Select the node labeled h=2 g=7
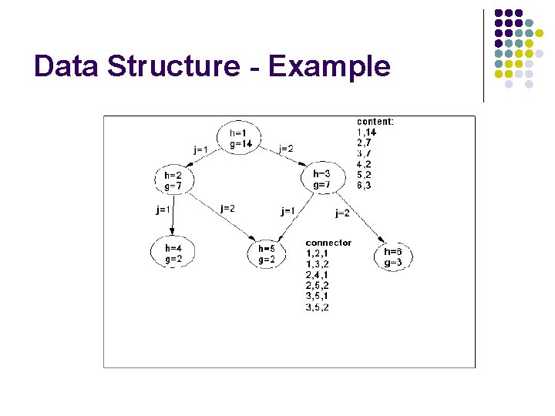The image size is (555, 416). [x=173, y=180]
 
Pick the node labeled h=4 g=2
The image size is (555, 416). [x=173, y=253]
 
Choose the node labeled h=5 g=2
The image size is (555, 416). [x=267, y=254]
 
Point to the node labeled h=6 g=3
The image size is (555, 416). [x=392, y=257]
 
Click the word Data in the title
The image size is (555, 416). [x=67, y=66]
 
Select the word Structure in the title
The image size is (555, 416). [x=174, y=66]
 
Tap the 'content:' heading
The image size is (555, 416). [x=375, y=121]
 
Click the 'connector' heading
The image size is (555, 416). [x=328, y=243]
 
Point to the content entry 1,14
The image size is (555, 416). [x=366, y=132]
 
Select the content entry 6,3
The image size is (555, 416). [x=365, y=186]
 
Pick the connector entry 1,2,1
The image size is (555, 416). [x=317, y=253]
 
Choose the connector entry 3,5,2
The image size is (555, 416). [x=317, y=307]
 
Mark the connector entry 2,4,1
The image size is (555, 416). [x=317, y=275]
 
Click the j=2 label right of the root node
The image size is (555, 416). [x=285, y=149]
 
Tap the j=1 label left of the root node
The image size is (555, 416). [x=200, y=149]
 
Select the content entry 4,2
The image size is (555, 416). [x=365, y=164]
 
